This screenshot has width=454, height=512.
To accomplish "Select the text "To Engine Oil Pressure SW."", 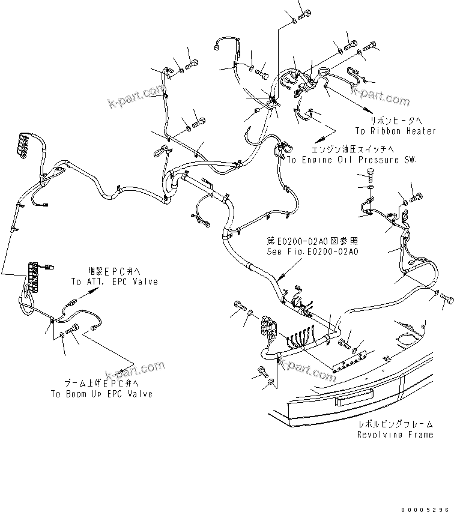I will [x=351, y=160].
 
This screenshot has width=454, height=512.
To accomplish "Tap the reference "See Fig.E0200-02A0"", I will [x=312, y=252].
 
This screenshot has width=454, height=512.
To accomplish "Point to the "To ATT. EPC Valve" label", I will [x=114, y=282].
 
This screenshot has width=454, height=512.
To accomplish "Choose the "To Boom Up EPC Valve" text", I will [x=101, y=394].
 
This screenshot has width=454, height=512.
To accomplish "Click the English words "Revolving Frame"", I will [x=395, y=435].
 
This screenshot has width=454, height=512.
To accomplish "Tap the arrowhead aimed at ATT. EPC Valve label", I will [x=92, y=290].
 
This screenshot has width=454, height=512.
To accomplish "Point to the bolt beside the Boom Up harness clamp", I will [x=74, y=328].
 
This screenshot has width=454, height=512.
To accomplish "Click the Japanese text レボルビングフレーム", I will [x=395, y=424].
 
